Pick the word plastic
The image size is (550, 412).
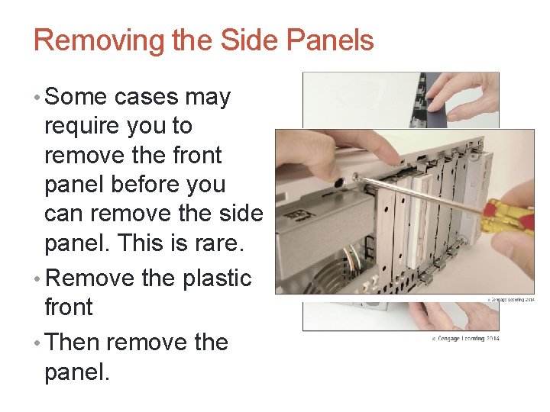pyautogui.click(x=217, y=278)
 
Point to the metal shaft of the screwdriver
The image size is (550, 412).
pyautogui.click(x=420, y=194)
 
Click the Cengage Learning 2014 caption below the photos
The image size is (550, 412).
pyautogui.click(x=465, y=338)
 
